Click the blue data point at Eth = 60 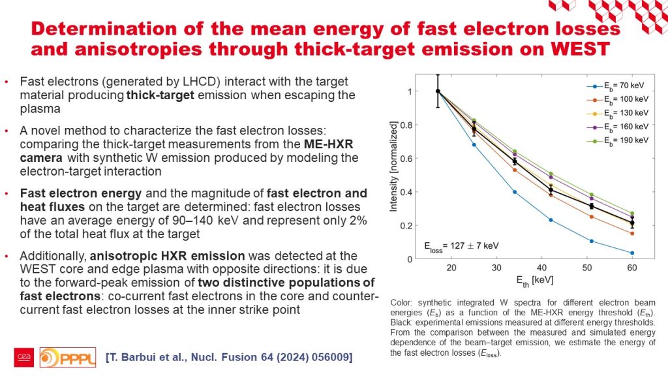point(632,253)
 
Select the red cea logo point(24,358)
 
